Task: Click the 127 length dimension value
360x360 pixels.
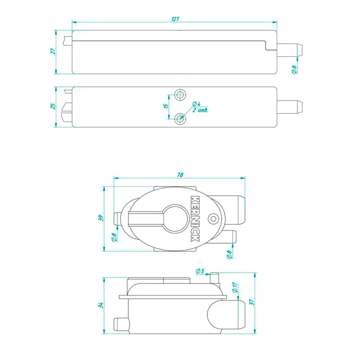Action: click(x=176, y=19)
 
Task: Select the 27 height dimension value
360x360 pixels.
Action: click(x=53, y=51)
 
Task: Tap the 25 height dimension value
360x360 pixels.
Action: click(x=53, y=106)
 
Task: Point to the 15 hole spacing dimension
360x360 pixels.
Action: click(x=166, y=106)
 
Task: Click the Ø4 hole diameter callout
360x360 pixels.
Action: click(x=196, y=104)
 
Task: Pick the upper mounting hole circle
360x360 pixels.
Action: click(x=180, y=94)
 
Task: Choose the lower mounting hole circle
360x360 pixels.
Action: click(x=180, y=119)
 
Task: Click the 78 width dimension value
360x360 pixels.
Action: click(x=180, y=175)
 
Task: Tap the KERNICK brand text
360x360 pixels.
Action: click(x=195, y=218)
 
